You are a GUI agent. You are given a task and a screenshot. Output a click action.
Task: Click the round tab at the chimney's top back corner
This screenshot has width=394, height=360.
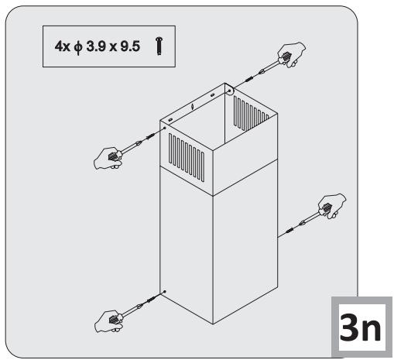click(229, 91)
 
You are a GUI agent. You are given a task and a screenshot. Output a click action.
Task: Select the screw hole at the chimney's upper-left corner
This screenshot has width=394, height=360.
click(163, 129)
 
